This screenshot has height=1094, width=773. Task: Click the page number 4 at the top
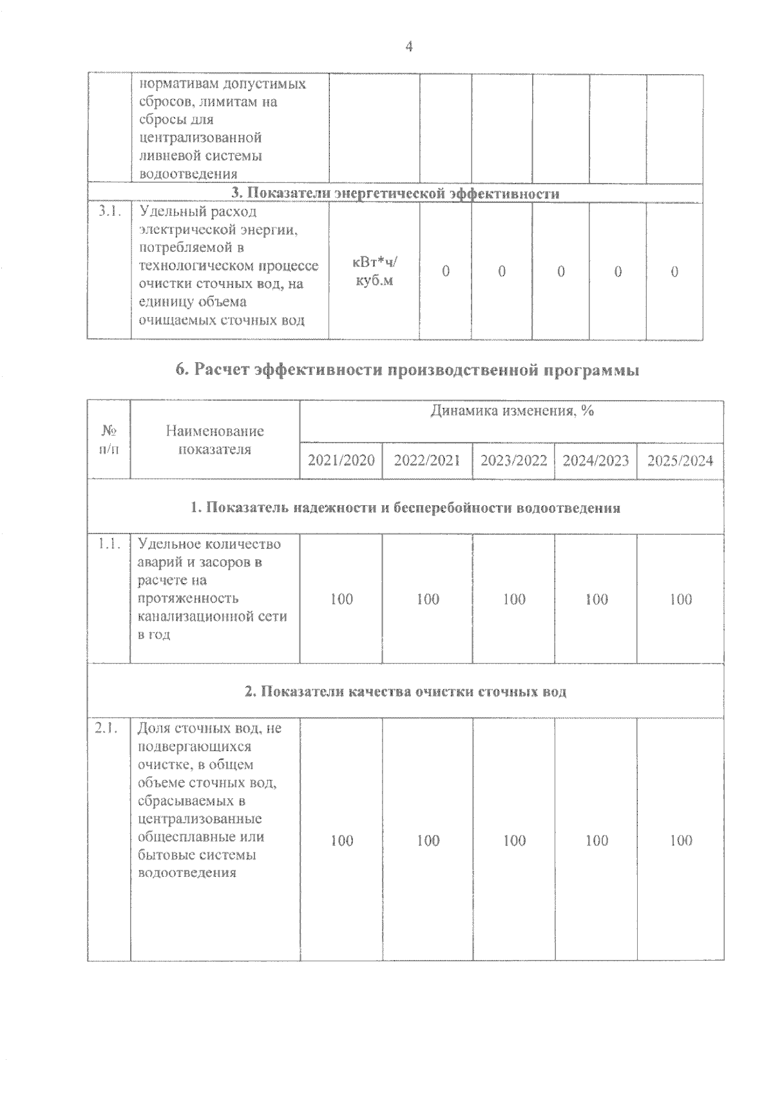click(x=408, y=46)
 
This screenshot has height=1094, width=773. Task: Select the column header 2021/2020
click(x=341, y=461)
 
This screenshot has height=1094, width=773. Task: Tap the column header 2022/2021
click(x=427, y=461)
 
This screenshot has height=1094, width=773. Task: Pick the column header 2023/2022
click(x=513, y=461)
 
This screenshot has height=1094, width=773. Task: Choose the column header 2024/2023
click(x=596, y=461)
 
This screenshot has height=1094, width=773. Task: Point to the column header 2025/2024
click(x=680, y=461)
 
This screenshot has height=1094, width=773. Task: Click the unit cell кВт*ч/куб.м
click(x=374, y=271)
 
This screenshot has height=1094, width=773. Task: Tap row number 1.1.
click(x=107, y=544)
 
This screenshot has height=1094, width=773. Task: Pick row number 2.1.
click(x=107, y=729)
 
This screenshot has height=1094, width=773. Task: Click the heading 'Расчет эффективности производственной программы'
click(x=407, y=370)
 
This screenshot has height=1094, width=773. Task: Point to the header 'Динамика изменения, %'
click(x=511, y=412)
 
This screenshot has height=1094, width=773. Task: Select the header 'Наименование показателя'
click(x=215, y=440)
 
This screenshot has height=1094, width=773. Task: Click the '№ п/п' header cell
click(x=109, y=440)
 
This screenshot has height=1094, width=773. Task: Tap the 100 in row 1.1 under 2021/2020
click(x=341, y=599)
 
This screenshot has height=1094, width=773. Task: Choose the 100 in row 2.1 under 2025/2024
click(x=681, y=840)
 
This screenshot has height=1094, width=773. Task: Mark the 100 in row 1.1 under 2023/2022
click(x=514, y=599)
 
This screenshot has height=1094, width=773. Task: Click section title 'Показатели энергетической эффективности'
click(x=395, y=193)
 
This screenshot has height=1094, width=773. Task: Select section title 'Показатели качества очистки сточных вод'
click(x=405, y=692)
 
